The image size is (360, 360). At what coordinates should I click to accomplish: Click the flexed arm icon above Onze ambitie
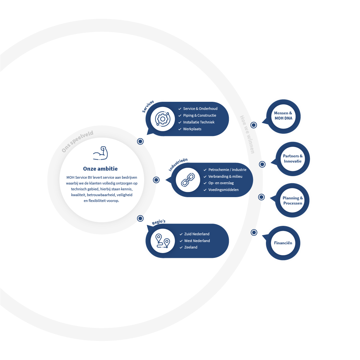(100, 153)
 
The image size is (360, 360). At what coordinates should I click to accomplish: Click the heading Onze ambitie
(100, 169)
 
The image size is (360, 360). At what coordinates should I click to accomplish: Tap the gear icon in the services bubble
(163, 119)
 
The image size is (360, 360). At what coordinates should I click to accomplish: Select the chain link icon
(188, 180)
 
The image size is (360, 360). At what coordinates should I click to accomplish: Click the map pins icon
(163, 241)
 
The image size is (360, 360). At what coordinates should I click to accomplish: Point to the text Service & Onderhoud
(200, 109)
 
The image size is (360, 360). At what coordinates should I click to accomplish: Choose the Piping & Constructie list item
(199, 115)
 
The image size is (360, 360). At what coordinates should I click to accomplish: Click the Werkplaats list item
(192, 129)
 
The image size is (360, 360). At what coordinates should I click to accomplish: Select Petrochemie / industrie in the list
(227, 170)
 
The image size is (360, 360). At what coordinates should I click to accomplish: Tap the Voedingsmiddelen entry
(223, 190)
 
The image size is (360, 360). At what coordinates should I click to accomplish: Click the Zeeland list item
(191, 247)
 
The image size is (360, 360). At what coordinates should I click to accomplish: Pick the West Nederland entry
(197, 241)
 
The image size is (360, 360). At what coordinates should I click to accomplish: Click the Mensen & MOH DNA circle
(283, 116)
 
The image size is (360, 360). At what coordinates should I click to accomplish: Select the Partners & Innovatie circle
(293, 159)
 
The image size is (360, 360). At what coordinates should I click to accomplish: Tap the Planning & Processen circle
(292, 201)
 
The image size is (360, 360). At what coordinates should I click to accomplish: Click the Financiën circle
(283, 243)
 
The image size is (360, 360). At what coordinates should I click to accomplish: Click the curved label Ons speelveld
(78, 141)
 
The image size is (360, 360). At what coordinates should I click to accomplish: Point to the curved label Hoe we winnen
(247, 134)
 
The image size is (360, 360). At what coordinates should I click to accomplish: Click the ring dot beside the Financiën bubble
(254, 232)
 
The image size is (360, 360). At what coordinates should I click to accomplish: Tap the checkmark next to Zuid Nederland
(181, 234)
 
